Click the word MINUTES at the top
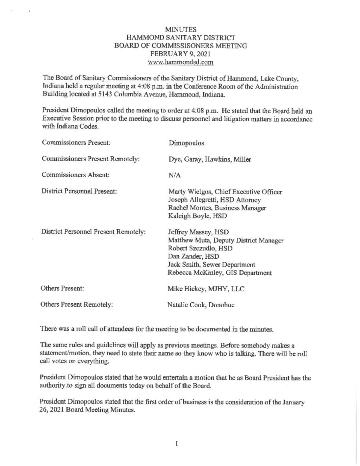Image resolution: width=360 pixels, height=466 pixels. point(180,29)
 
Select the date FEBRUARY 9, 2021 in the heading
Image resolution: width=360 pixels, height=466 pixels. point(180,54)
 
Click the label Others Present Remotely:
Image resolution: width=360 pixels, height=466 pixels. point(76,305)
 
